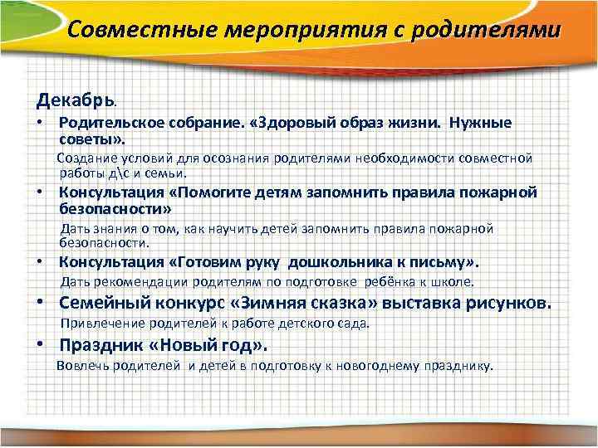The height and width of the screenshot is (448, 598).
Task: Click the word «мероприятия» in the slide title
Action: pos(291,31)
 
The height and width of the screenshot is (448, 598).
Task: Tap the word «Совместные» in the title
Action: pos(138,31)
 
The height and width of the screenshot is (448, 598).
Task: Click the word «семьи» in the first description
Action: pos(166,173)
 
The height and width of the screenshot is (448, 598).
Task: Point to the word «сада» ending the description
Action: pos(354,323)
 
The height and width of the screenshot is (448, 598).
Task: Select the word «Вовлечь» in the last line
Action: pos(81,365)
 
